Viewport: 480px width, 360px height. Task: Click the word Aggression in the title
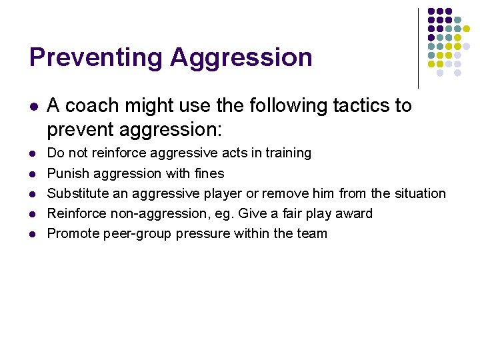click(241, 57)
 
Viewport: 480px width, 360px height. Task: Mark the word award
click(353, 213)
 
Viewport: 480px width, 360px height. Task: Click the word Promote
click(72, 233)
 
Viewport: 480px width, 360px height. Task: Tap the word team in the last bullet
click(311, 233)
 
